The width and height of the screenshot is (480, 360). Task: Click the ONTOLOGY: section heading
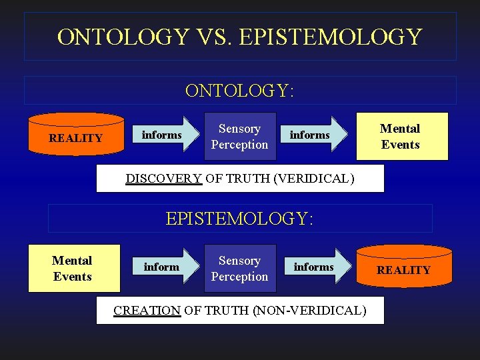240,91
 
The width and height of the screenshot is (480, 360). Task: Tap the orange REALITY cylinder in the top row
76,136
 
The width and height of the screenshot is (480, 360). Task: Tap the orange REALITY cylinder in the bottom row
403,268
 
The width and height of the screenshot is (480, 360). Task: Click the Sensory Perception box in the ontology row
239,137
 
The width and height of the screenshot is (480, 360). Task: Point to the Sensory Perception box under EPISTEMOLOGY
239,269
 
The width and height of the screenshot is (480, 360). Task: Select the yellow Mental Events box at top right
401,137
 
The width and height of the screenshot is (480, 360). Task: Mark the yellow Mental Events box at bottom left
73,269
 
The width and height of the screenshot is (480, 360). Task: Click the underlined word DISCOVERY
163,179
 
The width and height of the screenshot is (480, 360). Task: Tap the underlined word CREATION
147,311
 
